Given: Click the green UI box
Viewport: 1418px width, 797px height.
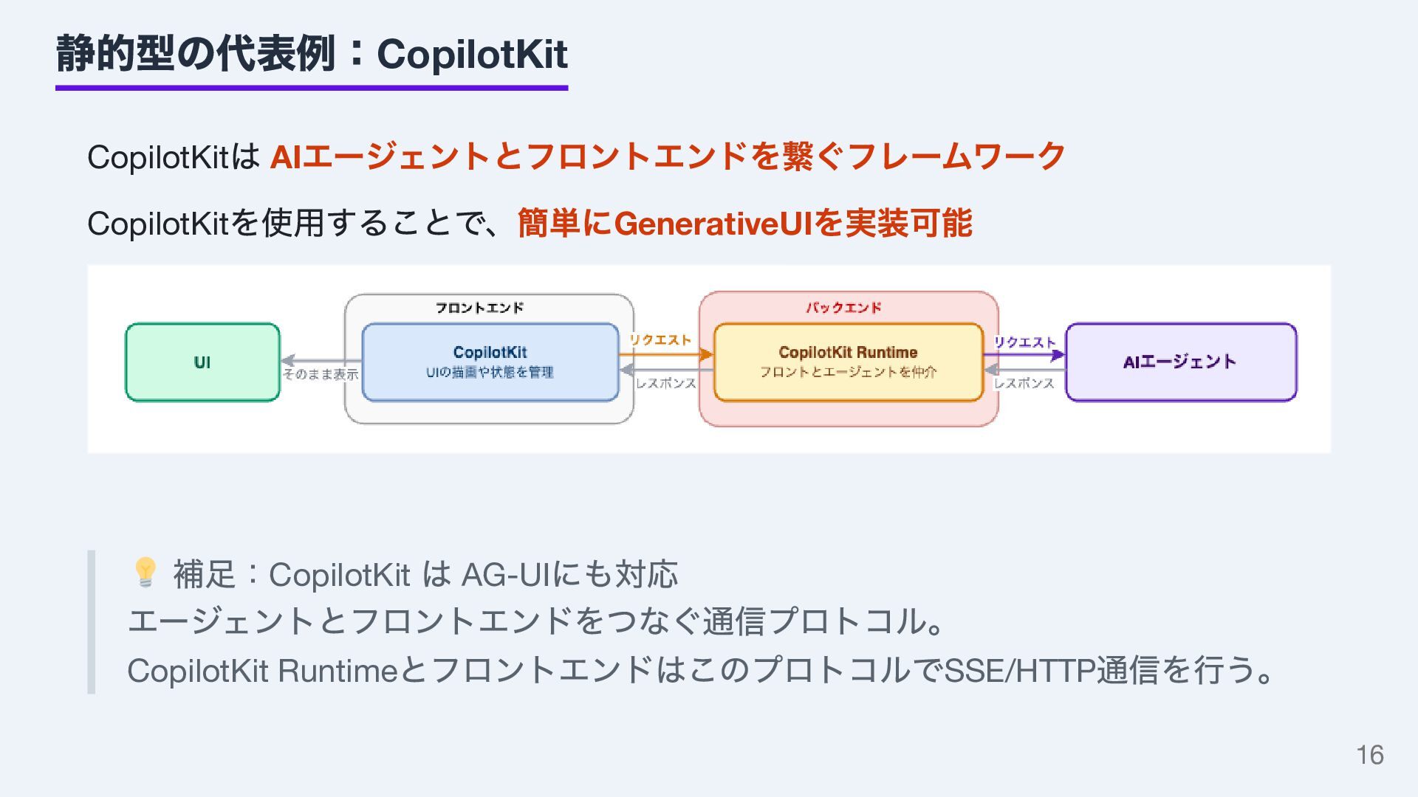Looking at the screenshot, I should click(x=202, y=362).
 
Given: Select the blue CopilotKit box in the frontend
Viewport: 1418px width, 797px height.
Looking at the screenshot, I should click(x=490, y=362).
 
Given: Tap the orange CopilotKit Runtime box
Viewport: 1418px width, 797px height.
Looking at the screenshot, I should click(x=848, y=362).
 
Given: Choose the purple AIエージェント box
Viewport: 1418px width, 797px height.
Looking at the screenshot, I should click(x=1180, y=362).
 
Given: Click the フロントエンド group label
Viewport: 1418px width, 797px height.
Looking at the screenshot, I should click(x=479, y=308).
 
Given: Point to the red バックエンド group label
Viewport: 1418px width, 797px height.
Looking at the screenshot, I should click(x=843, y=308).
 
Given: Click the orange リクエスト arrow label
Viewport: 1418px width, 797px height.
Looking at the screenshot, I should click(x=660, y=340).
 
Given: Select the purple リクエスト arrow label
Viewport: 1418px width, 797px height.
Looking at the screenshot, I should click(x=1024, y=342).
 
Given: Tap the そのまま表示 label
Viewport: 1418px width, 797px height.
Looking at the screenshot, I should click(x=321, y=375).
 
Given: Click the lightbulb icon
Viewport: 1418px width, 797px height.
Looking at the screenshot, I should click(x=145, y=572).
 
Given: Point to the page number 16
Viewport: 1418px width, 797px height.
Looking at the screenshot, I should click(x=1370, y=755).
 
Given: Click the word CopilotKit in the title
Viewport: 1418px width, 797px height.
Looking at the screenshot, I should click(x=472, y=54).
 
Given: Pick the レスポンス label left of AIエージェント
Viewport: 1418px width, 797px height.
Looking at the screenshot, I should click(x=1024, y=383).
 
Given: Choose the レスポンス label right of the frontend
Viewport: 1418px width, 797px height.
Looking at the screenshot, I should click(x=665, y=383).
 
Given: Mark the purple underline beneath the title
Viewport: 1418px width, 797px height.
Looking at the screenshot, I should click(x=312, y=88).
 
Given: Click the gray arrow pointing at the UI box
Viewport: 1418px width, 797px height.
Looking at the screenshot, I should click(x=318, y=361).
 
